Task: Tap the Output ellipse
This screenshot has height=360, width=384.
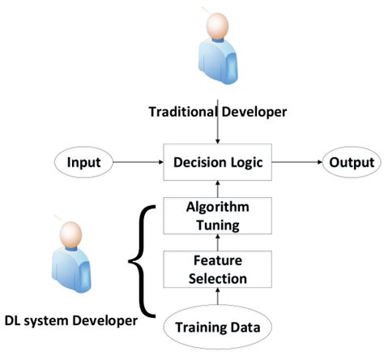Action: click(351, 163)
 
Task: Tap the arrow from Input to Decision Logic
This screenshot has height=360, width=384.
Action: click(137, 163)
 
